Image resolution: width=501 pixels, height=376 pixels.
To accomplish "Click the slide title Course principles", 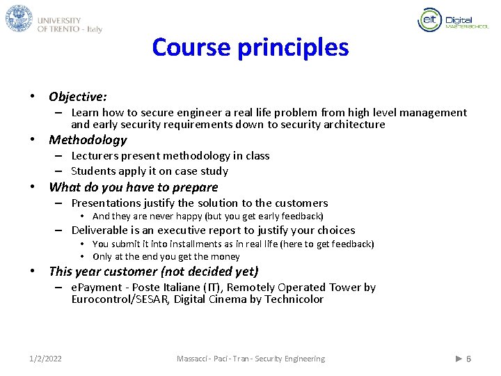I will (250, 47).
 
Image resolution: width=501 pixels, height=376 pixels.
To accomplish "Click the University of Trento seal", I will (19, 19).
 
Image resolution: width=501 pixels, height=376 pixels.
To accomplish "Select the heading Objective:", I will (77, 97).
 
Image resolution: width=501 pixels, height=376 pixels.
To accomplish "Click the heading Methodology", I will (88, 140).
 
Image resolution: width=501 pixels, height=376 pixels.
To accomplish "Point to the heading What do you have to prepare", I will (133, 187).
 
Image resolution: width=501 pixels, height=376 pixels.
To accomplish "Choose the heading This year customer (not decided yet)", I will (153, 272).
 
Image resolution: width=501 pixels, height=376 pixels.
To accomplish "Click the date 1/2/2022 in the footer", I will (45, 359).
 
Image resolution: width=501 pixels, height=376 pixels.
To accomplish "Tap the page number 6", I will (468, 359).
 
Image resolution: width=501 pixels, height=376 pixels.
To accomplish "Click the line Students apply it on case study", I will (149, 171).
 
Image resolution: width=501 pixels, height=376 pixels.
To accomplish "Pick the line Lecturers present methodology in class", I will (170, 156).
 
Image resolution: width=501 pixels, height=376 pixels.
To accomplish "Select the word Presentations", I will (105, 203).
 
